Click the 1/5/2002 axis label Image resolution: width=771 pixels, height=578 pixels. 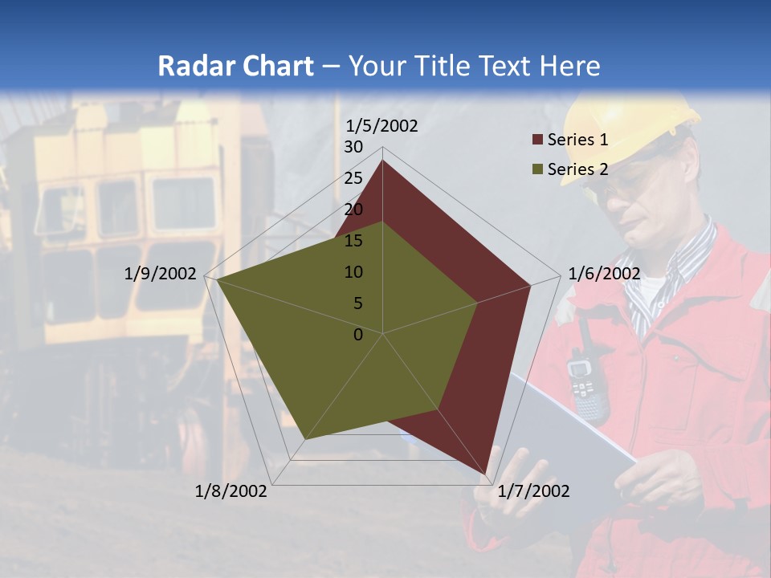coord(381,126)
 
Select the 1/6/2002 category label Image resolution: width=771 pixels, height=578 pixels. coord(604,274)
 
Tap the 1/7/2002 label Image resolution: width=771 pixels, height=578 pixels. coord(533,491)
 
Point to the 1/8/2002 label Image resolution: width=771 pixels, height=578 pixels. coord(231,491)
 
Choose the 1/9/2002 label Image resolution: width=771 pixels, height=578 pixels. coord(160,274)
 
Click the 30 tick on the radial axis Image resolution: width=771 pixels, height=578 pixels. coord(353,147)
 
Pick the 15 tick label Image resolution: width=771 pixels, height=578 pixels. coord(353,241)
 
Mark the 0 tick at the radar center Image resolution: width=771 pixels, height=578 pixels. coord(358,335)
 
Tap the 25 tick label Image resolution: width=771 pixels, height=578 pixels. coord(353,178)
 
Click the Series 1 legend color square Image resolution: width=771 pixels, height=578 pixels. coord(537,140)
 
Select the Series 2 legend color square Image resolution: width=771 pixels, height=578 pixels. coord(537,169)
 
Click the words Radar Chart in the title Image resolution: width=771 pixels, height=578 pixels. coord(235,66)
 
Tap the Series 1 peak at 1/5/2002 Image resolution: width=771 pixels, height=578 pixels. coord(382,161)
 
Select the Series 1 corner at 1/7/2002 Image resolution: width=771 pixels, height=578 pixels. coord(486,474)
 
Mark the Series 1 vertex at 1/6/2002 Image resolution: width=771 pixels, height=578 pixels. coord(531,285)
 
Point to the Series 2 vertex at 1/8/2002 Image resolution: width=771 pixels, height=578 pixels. coord(304,439)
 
